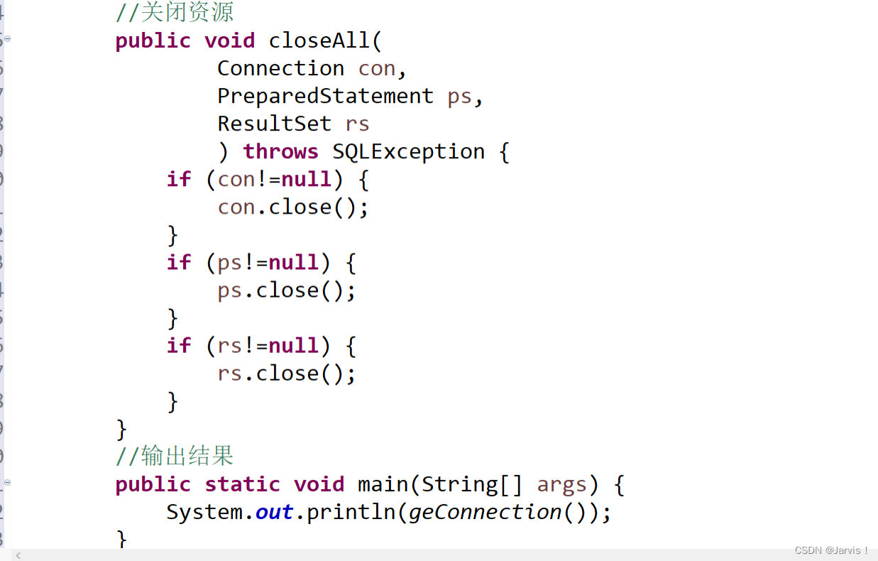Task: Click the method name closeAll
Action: (x=319, y=40)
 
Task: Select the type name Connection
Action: (x=280, y=68)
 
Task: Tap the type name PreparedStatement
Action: (x=325, y=96)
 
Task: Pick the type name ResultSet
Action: (x=274, y=124)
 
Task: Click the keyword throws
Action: (x=280, y=151)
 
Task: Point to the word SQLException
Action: (x=408, y=151)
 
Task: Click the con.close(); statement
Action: (x=293, y=207)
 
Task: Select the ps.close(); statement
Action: (x=287, y=290)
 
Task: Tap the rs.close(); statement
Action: (x=287, y=374)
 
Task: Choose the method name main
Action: (x=383, y=484)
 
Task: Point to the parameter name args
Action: (x=562, y=484)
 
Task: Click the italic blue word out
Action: (x=274, y=512)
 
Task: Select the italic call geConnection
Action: (x=485, y=512)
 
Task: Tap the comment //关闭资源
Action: (x=175, y=12)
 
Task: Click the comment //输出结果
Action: (x=175, y=456)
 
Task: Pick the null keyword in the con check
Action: (x=306, y=179)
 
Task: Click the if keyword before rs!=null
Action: (x=179, y=346)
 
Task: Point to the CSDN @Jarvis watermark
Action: (x=831, y=550)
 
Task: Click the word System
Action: (x=205, y=512)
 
